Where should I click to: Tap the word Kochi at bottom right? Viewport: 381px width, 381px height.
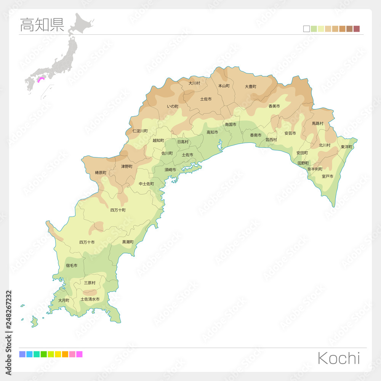coord(338,358)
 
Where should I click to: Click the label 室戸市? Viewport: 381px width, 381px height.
coord(327,176)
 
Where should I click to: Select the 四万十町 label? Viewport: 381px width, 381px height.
coord(118,210)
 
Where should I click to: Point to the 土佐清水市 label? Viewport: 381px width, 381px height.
coord(90,299)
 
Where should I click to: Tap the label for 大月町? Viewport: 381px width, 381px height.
coord(64,300)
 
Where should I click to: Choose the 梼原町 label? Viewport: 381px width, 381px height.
coord(101,173)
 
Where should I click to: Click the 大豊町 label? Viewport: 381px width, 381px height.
coord(250,86)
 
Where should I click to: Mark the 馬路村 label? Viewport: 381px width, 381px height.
coord(317,123)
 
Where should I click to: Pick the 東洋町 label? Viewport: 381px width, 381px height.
coord(347,147)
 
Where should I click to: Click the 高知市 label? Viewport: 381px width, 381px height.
coord(212,132)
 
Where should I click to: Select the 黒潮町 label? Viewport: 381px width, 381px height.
coord(128,242)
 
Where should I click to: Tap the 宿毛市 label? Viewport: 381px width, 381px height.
coord(71,265)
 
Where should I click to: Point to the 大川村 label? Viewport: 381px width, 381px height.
coord(194,83)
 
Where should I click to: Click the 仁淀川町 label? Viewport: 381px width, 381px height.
coord(140,131)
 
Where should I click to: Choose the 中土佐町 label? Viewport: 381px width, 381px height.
coord(146,184)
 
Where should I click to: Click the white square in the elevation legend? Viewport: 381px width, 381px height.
coord(306,29)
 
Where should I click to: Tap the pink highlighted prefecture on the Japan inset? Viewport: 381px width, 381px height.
coord(41,79)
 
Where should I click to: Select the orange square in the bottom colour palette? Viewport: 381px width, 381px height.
coord(65,354)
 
